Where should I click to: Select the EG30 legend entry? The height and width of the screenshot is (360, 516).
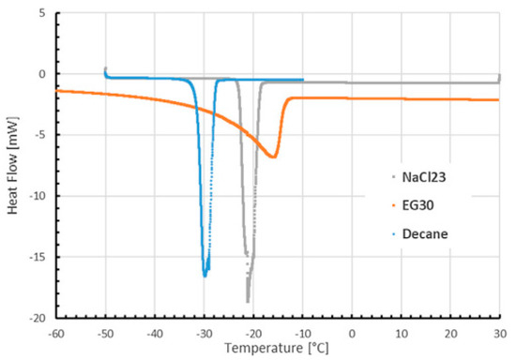point(419,202)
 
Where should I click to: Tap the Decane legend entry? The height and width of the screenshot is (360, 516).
point(423,228)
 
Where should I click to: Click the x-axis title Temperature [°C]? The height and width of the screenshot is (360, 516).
point(277,350)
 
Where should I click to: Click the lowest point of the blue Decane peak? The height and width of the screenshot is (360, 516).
point(205,276)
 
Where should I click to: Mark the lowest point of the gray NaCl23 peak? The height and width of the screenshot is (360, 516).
point(249,301)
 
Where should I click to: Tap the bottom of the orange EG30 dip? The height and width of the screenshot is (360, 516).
point(273,157)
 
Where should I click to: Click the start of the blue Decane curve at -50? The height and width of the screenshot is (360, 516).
point(105,69)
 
